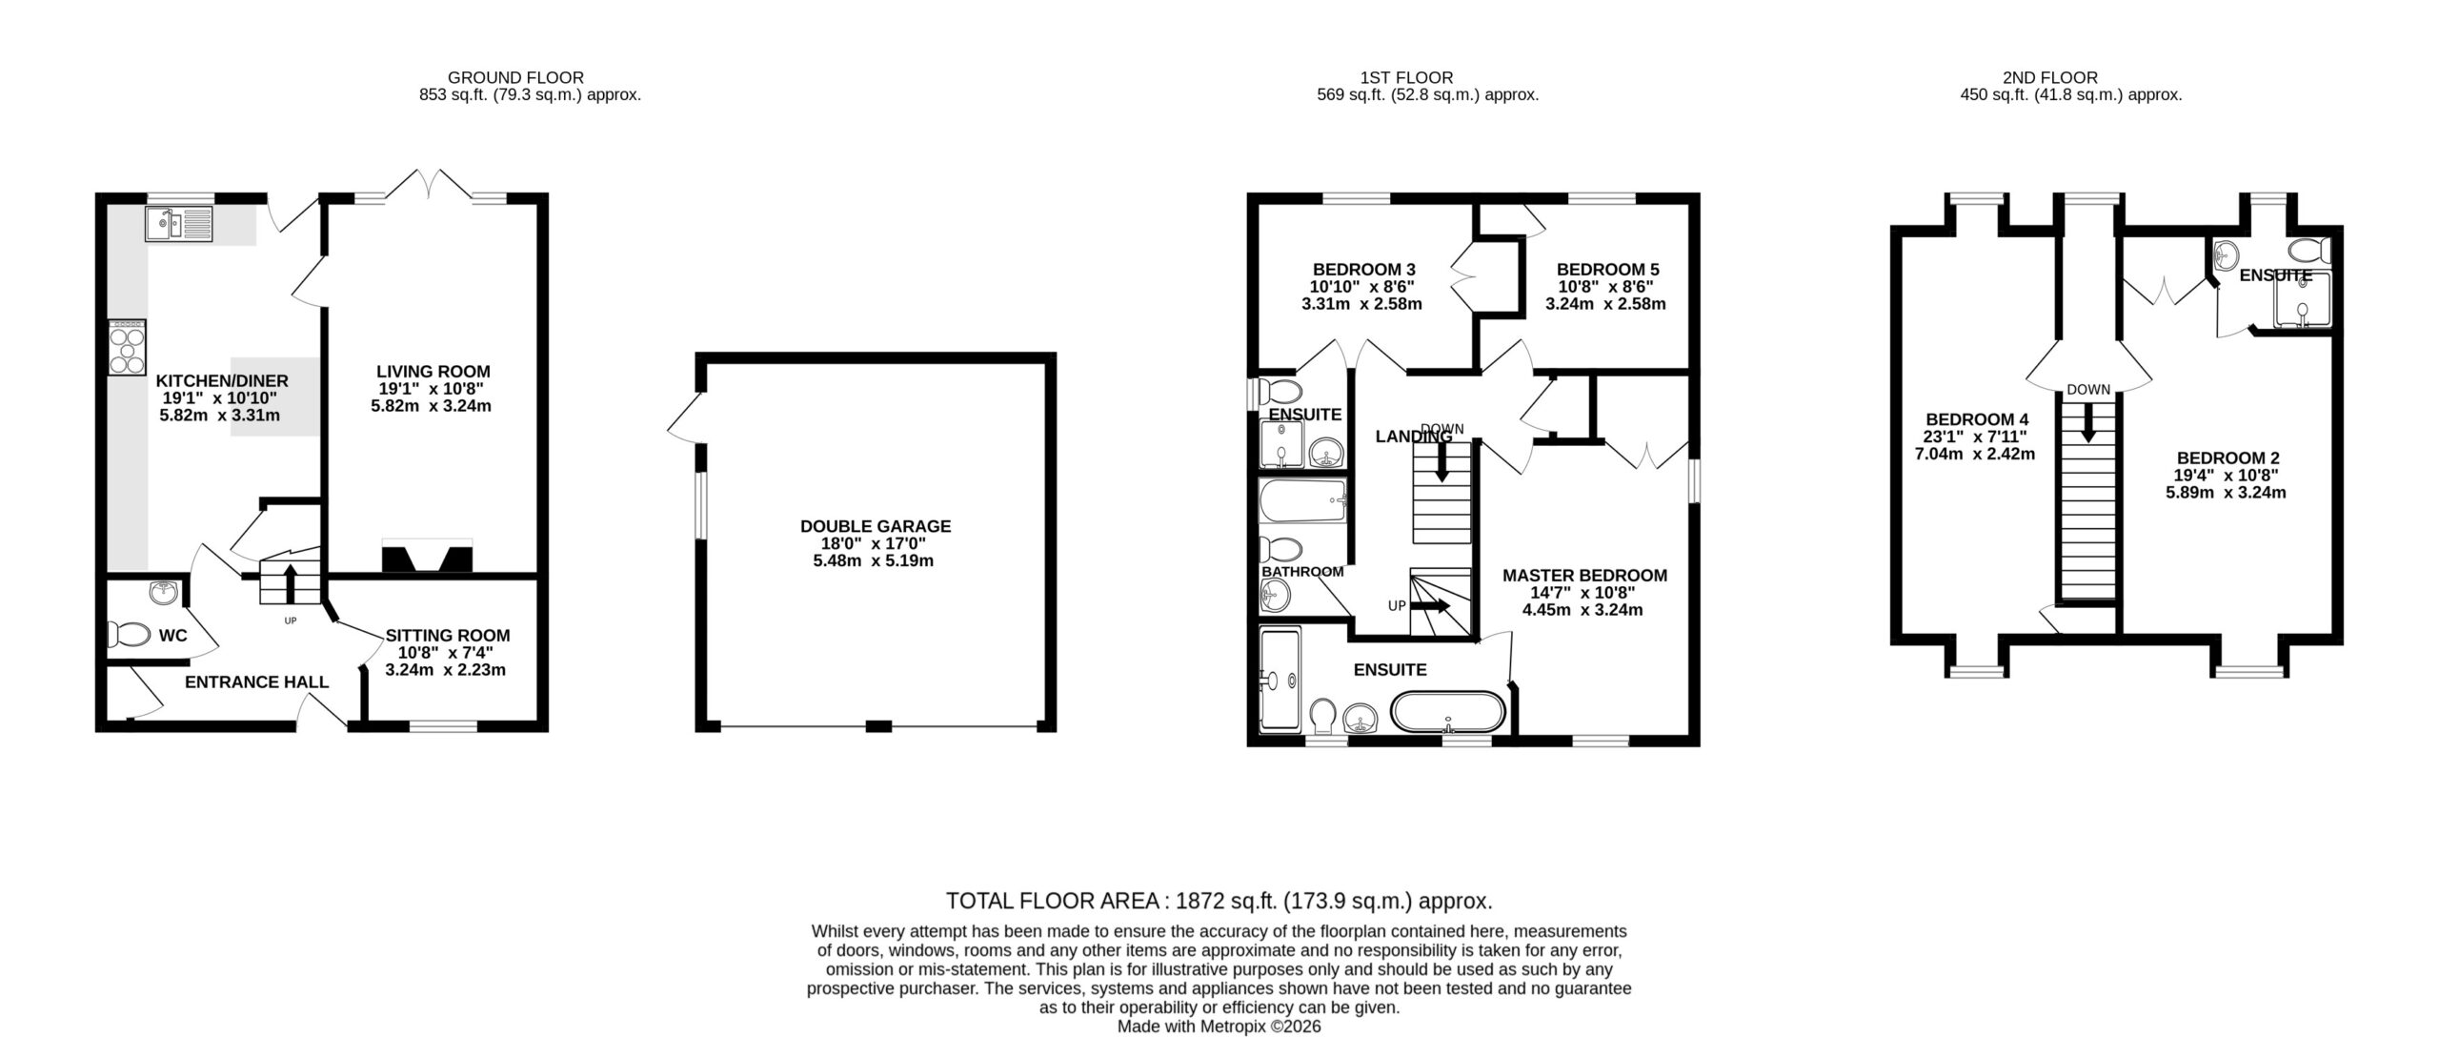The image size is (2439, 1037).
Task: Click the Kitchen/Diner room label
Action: [x=222, y=381]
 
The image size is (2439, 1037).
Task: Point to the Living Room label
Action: [x=433, y=372]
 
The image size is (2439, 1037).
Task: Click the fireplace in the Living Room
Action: [x=427, y=557]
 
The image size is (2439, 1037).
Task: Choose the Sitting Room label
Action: [x=448, y=636]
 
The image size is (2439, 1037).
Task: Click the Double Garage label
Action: [x=876, y=526]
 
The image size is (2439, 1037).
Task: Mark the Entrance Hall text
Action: [x=256, y=682]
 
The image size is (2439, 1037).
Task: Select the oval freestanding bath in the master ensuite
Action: [x=1448, y=712]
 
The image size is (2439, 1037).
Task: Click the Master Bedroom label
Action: [x=1584, y=576]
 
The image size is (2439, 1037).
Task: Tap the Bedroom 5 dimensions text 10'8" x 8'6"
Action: [x=1605, y=287]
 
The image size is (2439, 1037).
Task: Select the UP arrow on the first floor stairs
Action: [x=1433, y=606]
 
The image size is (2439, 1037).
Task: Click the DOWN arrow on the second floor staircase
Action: [x=2088, y=422]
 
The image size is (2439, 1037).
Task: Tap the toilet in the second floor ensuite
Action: [x=2309, y=251]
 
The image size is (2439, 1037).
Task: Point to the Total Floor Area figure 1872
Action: [x=1201, y=901]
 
